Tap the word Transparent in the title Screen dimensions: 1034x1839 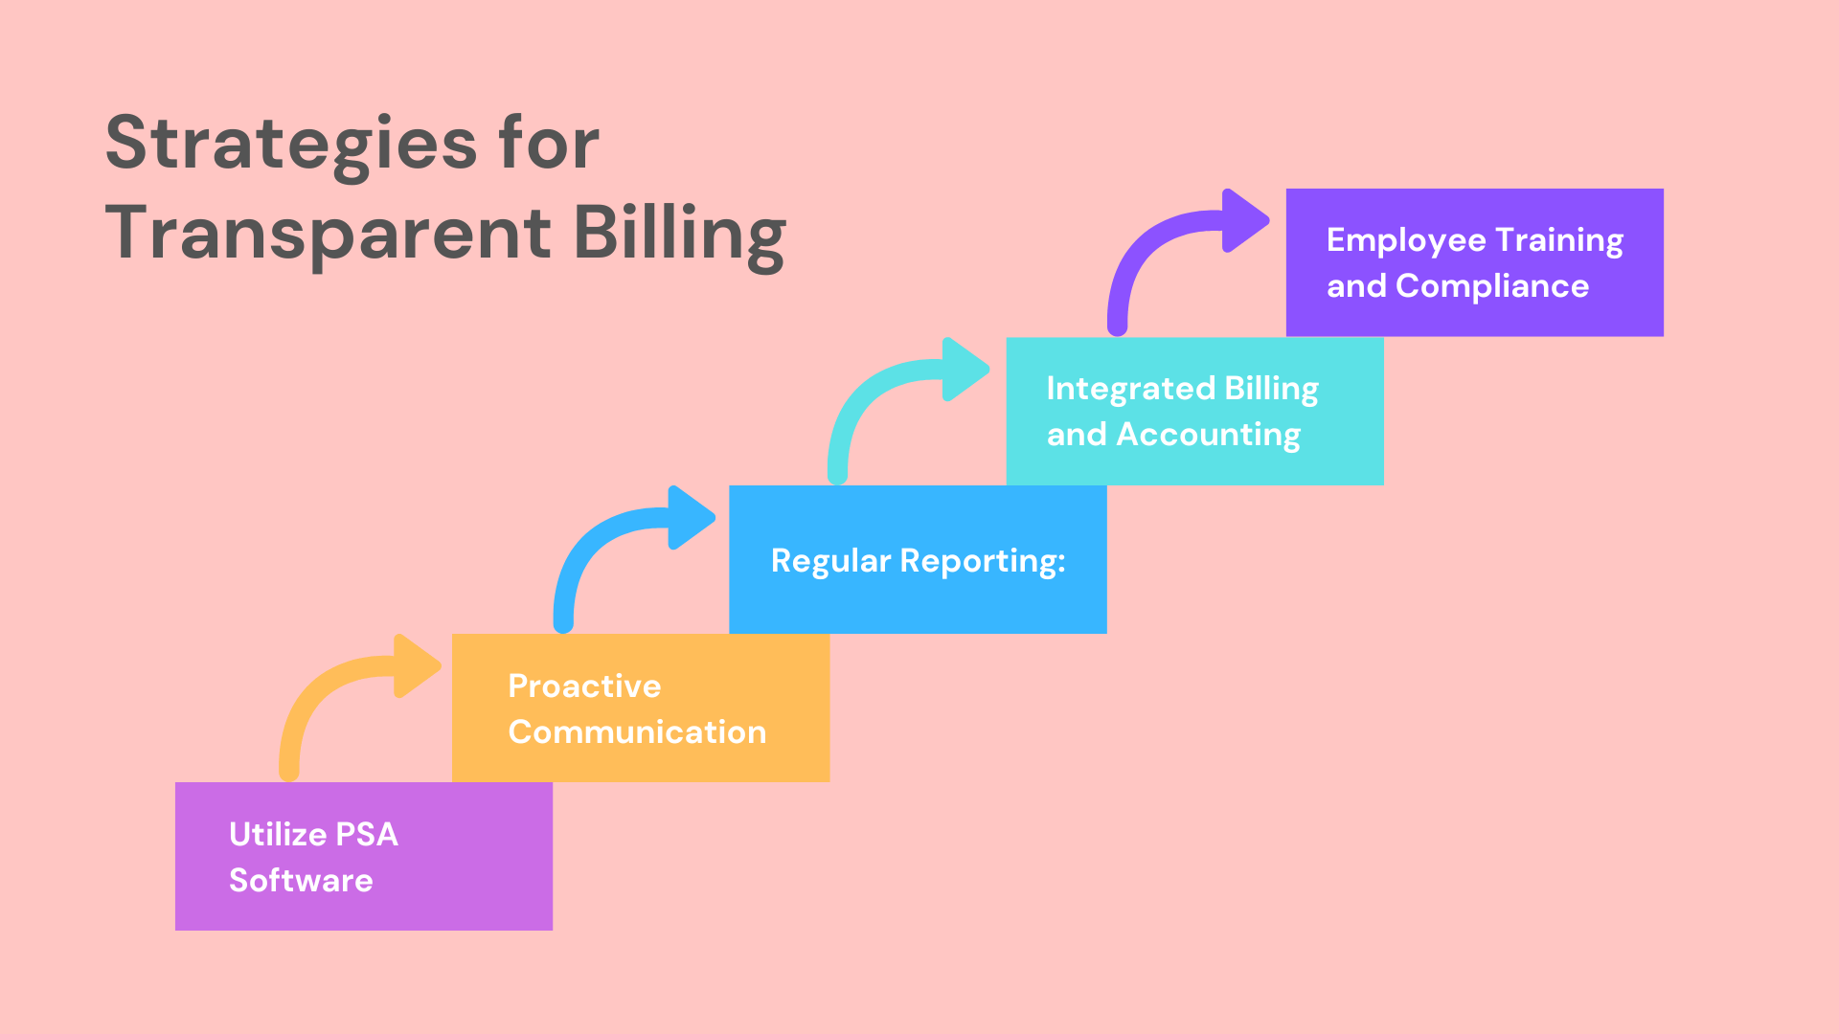click(328, 233)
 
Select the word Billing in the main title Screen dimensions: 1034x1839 click(679, 233)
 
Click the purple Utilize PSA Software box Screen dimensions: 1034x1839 click(363, 856)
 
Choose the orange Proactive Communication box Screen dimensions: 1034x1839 click(640, 708)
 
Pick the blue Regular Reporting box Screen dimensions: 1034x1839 click(918, 559)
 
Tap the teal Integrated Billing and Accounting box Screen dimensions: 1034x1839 click(1194, 411)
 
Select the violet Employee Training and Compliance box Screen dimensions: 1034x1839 click(1474, 262)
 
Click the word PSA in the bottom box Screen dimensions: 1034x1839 click(368, 834)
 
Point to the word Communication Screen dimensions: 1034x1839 click(637, 731)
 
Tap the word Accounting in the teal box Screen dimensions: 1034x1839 click(1209, 435)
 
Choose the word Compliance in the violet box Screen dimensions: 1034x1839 click(1492, 286)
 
